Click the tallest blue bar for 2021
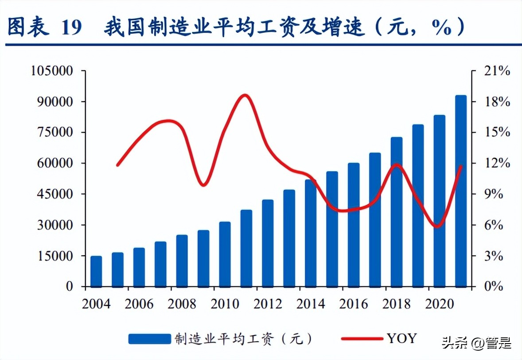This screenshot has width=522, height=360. click(461, 191)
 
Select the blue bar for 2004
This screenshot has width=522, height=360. click(96, 271)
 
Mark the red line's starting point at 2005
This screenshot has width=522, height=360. click(117, 165)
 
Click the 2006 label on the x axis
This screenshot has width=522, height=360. click(139, 304)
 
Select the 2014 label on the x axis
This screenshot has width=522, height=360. click(311, 304)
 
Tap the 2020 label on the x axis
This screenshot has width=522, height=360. click(439, 304)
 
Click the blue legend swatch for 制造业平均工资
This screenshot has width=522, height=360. click(149, 339)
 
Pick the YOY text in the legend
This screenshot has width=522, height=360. click(401, 338)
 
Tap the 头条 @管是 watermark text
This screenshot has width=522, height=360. click(476, 343)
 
